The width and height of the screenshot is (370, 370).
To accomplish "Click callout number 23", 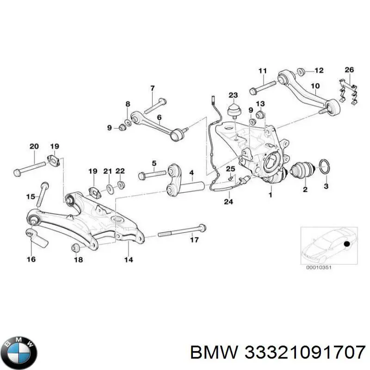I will [x=233, y=95].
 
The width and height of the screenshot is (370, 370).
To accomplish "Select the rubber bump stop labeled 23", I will [x=233, y=112].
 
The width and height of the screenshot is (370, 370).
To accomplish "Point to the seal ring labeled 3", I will [x=325, y=166].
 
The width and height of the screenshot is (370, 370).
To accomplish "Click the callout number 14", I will [x=128, y=259].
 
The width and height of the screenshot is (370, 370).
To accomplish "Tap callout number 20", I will [x=34, y=147].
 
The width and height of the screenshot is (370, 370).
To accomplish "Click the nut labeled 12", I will [x=301, y=71].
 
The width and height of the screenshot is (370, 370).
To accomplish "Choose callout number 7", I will [x=152, y=88].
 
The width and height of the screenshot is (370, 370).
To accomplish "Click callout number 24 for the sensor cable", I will [x=228, y=202].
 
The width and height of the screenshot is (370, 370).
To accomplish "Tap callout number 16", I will [x=31, y=259].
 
